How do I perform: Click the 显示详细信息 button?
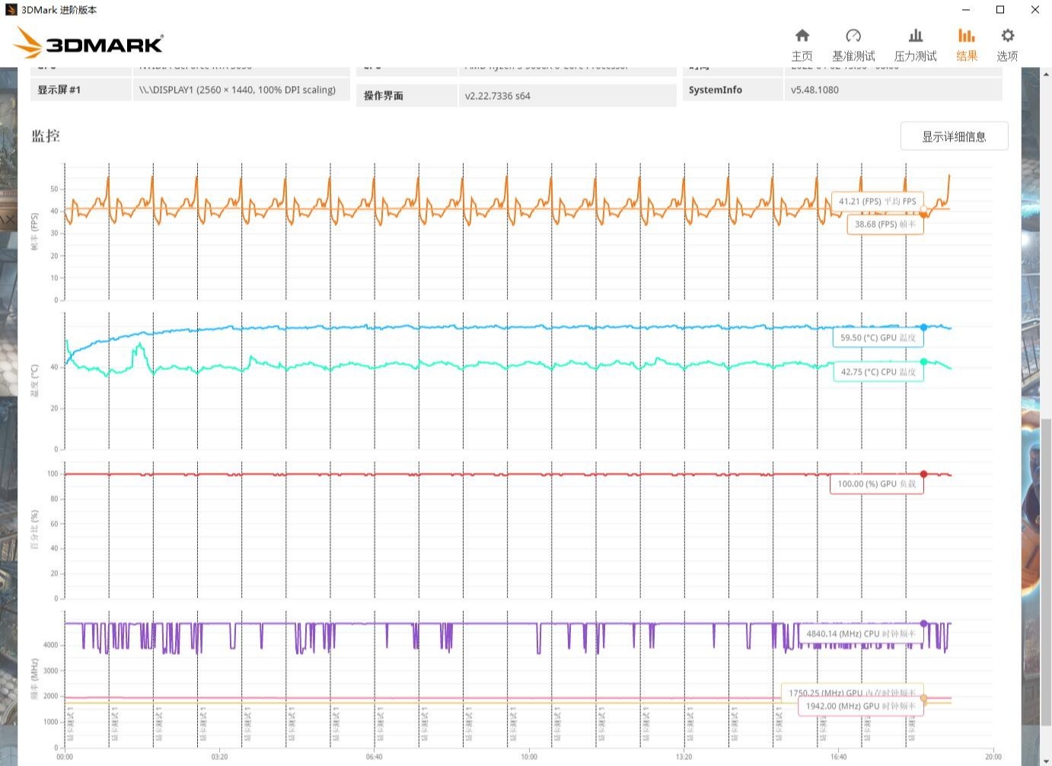click(954, 136)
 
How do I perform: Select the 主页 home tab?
click(802, 45)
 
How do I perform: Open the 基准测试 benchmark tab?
click(853, 45)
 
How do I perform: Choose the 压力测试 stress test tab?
click(915, 45)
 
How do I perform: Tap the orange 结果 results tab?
click(967, 45)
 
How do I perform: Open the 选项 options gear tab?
click(1007, 45)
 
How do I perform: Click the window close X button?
click(1034, 10)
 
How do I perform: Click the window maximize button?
click(1000, 10)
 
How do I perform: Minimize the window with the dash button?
click(966, 10)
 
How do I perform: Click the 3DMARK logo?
click(88, 43)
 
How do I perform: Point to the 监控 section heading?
click(46, 136)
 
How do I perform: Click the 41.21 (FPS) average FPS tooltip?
click(877, 202)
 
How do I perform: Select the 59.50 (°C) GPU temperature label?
click(878, 338)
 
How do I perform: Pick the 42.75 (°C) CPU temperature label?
click(878, 372)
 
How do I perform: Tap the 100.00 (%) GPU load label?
click(876, 484)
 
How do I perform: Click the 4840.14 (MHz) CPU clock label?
click(860, 634)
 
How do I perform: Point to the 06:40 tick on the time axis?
click(374, 757)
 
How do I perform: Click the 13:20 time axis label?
click(684, 757)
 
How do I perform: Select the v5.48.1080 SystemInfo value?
click(815, 90)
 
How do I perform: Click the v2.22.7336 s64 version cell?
click(498, 96)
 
